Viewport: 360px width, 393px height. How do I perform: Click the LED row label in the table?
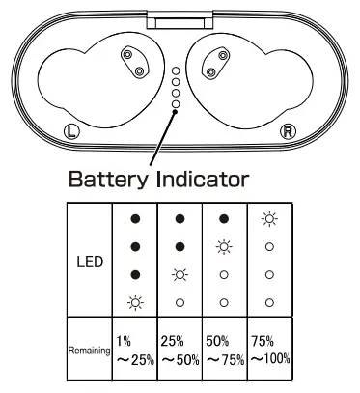click(87, 262)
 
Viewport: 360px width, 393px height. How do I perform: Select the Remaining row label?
click(86, 352)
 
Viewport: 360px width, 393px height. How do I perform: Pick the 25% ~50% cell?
click(180, 351)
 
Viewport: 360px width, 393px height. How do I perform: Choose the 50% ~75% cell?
click(225, 351)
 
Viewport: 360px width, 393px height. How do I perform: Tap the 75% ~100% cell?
click(271, 351)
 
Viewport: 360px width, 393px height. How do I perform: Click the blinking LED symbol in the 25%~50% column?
click(180, 275)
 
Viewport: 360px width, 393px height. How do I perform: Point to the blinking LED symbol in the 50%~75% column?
click(225, 247)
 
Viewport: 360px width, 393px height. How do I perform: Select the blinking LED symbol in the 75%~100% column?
click(270, 220)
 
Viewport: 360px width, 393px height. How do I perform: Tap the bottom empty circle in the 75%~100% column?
click(270, 302)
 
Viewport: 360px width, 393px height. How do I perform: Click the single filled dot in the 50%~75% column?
click(225, 220)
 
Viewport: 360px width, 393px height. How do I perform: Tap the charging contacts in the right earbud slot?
click(215, 63)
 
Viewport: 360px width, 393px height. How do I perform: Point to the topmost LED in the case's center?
click(176, 71)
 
